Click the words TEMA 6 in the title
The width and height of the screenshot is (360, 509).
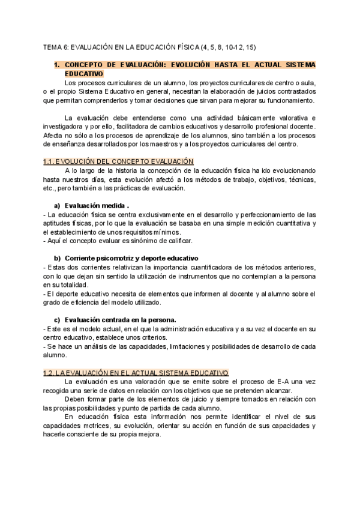(56, 47)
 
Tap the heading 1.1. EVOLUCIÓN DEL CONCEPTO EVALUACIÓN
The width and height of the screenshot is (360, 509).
(118, 161)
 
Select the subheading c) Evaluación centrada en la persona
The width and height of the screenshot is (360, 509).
(119, 319)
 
